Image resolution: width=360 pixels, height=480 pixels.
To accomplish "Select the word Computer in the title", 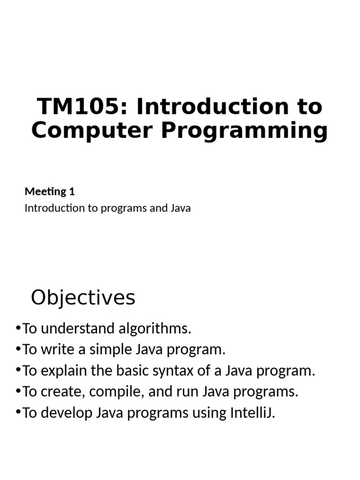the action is point(92,131).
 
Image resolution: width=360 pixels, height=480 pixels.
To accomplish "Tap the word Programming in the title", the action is point(244,131).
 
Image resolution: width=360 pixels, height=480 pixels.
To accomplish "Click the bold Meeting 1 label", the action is point(50,192).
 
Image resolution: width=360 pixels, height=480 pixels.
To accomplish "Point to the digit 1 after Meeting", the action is point(72,192).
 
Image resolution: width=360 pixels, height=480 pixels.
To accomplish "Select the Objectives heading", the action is point(83,298).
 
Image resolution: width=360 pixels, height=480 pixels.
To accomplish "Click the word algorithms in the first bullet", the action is point(155,329).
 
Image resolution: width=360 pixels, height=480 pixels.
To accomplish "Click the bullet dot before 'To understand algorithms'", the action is point(18,328).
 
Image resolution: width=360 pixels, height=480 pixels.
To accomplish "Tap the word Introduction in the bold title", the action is point(213,106).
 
